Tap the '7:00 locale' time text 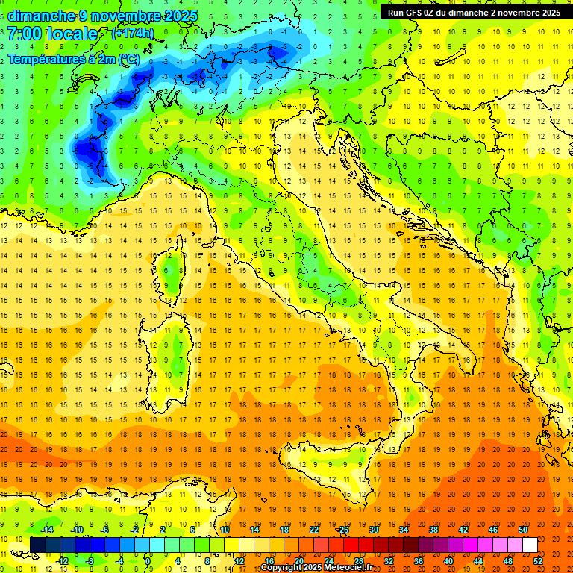53,34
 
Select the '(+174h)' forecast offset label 132,34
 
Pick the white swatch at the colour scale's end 530,545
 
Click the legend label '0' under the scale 148,561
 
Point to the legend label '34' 404,529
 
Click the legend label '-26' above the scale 342,529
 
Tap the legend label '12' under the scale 240,561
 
